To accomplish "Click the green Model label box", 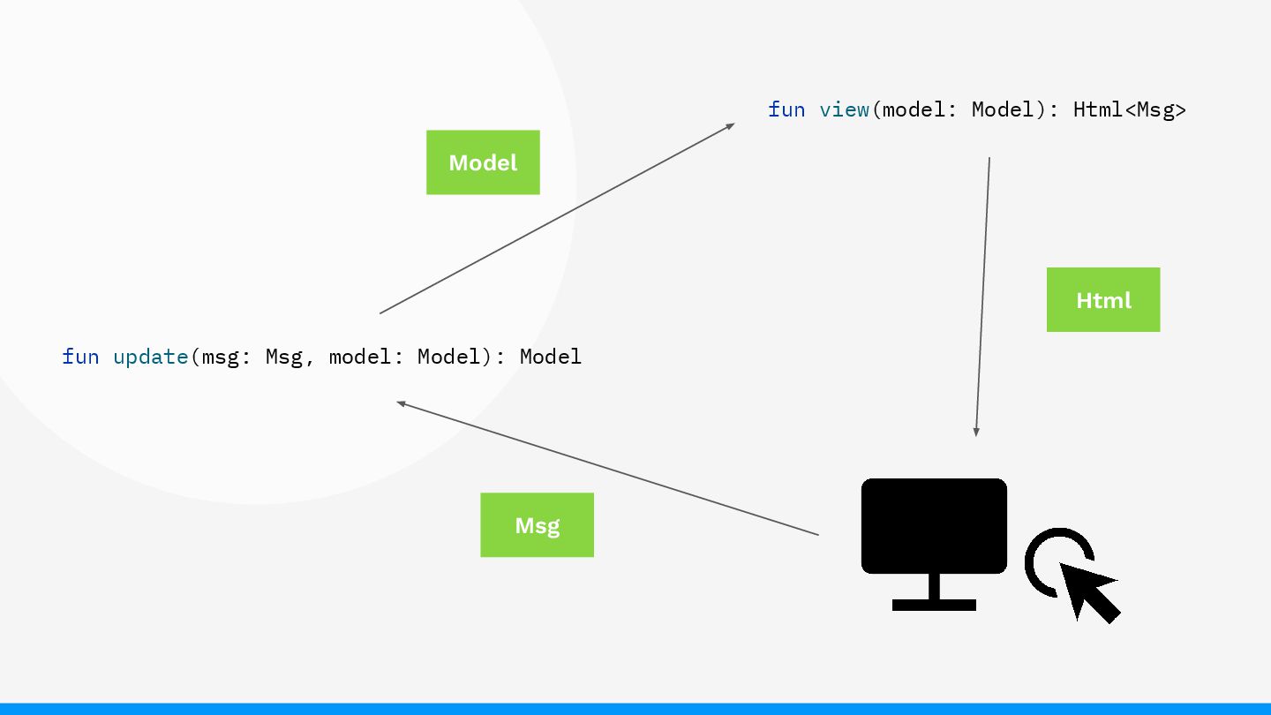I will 483,162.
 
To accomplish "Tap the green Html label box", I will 1102,300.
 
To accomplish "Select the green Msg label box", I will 537,525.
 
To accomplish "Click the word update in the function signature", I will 150,357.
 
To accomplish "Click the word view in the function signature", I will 844,109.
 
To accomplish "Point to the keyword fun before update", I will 80,357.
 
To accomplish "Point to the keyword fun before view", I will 786,109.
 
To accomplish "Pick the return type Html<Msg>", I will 1130,109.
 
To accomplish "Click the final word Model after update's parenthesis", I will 551,357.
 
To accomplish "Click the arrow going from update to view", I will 556,219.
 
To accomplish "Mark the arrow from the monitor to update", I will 609,469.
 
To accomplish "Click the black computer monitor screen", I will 934,526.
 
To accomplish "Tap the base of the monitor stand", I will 934,605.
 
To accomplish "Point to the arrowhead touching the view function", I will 730,126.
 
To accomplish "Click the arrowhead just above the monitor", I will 976,432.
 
